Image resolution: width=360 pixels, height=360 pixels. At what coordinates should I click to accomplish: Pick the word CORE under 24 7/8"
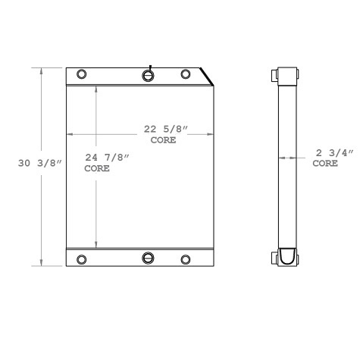97,168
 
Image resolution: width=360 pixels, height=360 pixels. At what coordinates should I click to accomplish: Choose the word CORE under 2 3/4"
326,163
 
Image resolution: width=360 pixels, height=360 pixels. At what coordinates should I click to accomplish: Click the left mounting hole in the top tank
82,74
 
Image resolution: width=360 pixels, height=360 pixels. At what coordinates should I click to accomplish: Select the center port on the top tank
149,75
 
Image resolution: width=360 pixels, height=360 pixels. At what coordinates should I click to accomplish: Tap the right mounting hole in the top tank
185,74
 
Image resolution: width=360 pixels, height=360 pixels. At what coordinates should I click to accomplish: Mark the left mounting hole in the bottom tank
82,259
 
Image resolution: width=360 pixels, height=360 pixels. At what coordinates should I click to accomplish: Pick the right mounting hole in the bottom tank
185,259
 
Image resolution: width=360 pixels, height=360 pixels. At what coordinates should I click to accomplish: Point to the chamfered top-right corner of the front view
207,74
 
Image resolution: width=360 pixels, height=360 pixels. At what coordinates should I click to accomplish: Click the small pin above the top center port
151,66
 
